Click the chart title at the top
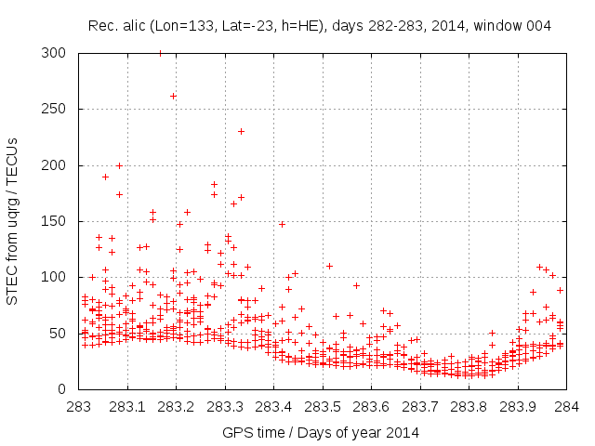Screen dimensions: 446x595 coord(320,26)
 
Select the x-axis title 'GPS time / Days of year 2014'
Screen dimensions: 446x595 coord(320,432)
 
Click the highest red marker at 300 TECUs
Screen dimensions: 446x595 coord(160,54)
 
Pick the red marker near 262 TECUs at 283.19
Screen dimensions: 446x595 coord(173,96)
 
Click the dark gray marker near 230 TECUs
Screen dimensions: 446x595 coord(241,131)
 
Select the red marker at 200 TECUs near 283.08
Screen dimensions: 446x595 coord(119,165)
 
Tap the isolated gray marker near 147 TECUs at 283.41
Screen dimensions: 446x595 coord(282,224)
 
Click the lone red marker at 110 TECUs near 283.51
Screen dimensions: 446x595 coord(329,266)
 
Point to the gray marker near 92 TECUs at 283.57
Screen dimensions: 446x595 coord(356,285)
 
